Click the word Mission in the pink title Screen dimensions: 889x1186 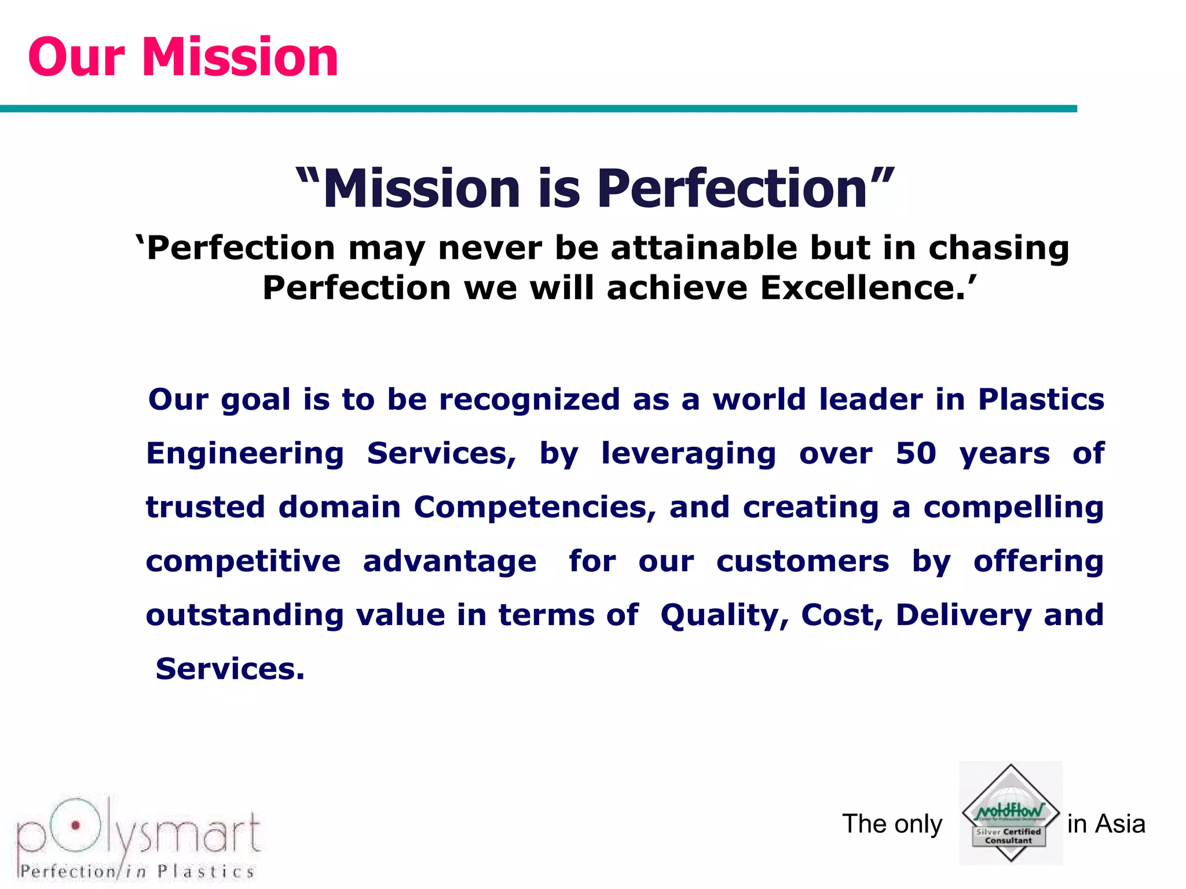[240, 57]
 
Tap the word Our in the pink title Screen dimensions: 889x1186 [76, 57]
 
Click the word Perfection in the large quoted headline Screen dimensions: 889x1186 [732, 189]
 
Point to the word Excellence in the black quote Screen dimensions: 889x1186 [863, 288]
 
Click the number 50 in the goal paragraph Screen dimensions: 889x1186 [916, 453]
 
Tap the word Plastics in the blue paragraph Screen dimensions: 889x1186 [1041, 399]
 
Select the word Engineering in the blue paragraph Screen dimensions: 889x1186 [245, 453]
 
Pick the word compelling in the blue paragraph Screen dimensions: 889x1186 [1013, 507]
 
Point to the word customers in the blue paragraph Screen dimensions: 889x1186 [802, 561]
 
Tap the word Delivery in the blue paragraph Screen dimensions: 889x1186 [963, 615]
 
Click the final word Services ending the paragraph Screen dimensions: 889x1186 [229, 668]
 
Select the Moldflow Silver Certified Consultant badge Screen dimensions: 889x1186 [1011, 813]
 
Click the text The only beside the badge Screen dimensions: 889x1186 [892, 824]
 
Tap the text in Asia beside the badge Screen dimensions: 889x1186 [1106, 824]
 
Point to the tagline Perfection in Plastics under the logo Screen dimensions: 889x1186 [137, 871]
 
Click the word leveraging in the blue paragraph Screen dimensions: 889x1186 [688, 453]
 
